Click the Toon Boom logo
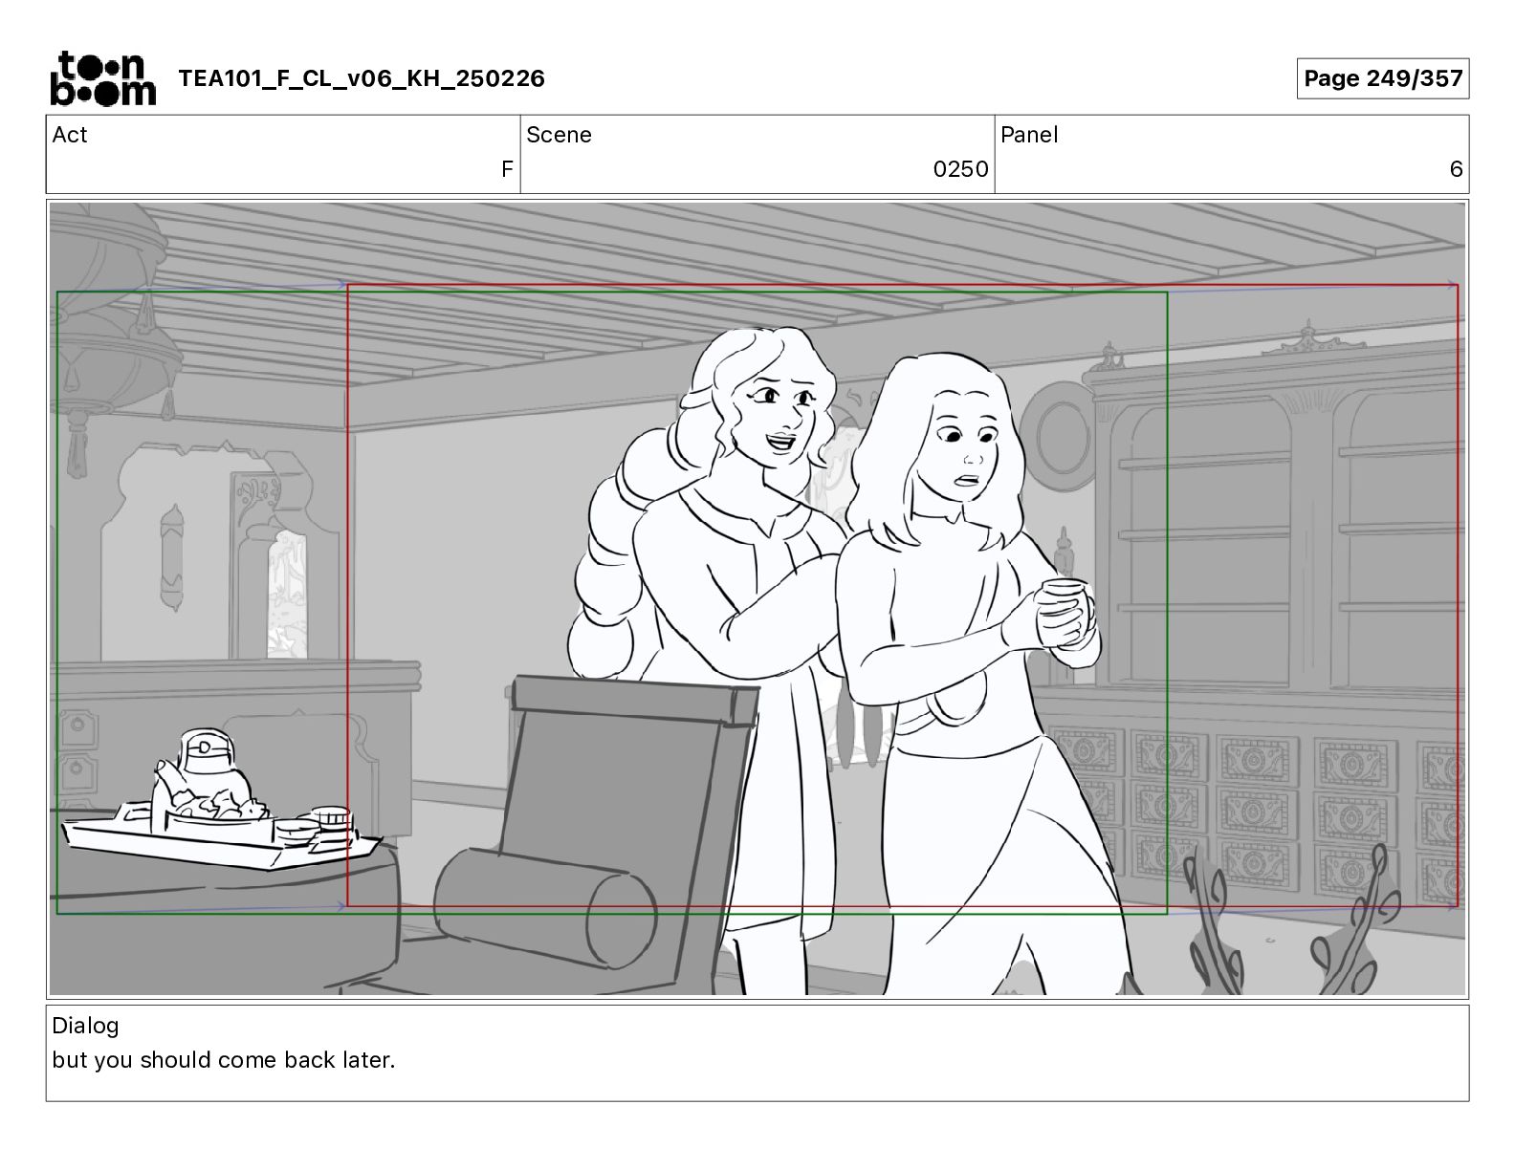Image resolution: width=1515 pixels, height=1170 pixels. point(103,78)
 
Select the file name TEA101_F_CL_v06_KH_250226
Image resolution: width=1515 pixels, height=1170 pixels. point(362,78)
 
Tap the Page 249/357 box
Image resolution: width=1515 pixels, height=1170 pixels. point(1383,78)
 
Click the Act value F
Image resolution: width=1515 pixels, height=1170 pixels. point(507,168)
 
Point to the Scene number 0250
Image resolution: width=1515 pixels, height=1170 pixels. point(960,168)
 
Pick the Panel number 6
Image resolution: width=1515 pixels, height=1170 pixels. point(1456,168)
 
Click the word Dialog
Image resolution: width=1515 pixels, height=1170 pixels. point(85,1026)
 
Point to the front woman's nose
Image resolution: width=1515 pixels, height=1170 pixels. point(973,458)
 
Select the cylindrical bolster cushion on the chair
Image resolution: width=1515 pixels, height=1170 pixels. point(545,906)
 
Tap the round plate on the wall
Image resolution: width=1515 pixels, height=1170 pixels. point(1059,437)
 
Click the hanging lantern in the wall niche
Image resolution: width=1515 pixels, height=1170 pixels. point(172,557)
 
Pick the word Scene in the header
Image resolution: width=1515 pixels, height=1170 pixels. point(559,135)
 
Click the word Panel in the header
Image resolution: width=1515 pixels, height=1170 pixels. point(1029,135)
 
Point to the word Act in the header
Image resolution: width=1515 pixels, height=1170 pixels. point(70,135)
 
